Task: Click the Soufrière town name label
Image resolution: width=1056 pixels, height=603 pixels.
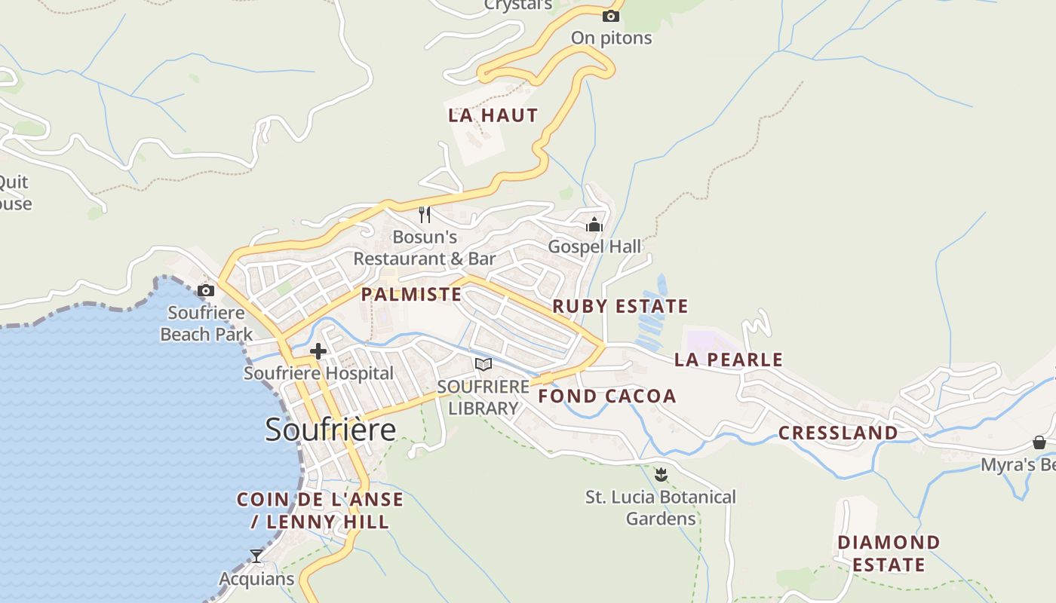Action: [x=330, y=430]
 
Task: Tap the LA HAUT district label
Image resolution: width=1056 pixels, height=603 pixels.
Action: [x=493, y=115]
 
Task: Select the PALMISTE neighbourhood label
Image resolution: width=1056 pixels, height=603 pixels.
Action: [x=411, y=294]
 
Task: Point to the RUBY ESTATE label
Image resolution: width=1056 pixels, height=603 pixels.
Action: [x=620, y=306]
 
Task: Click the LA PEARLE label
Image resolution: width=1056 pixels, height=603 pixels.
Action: [x=729, y=360]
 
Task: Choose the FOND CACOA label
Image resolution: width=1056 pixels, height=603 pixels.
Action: [x=607, y=396]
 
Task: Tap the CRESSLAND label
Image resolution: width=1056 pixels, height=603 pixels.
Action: [x=838, y=433]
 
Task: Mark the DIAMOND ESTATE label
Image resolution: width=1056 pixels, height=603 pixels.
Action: [x=889, y=553]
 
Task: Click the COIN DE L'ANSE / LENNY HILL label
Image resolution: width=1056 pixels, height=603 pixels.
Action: [x=320, y=510]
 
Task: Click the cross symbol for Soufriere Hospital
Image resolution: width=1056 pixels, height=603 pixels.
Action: [x=318, y=350]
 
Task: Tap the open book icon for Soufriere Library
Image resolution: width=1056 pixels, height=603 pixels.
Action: [x=483, y=365]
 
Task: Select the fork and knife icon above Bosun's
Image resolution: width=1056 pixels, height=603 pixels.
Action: [x=425, y=215]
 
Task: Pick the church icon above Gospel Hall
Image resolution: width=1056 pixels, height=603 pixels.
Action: [x=594, y=225]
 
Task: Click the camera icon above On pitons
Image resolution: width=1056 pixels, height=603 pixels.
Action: [x=611, y=16]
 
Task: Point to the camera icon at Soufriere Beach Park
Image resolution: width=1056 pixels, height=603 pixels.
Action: [x=206, y=290]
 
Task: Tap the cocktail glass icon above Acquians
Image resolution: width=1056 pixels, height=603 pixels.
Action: [x=256, y=556]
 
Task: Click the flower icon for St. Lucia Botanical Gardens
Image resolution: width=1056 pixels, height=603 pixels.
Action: [x=662, y=474]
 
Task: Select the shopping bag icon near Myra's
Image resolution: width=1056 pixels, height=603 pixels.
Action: [x=1039, y=442]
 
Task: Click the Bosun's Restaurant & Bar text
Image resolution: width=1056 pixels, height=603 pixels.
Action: [x=425, y=248]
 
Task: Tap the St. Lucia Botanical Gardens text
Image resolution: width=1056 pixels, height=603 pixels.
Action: [x=661, y=508]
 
